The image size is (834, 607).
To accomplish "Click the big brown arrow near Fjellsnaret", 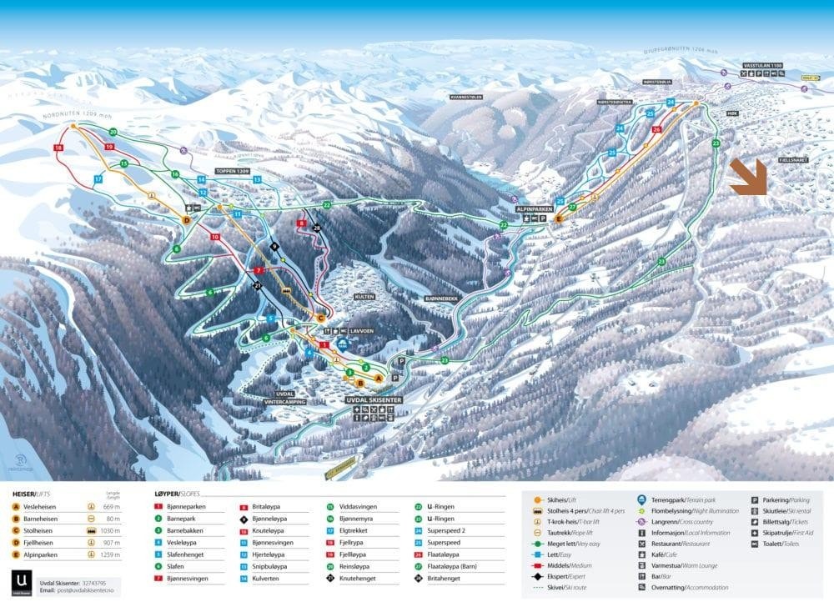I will pos(748,178).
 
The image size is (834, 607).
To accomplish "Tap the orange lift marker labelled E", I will pos(559,220).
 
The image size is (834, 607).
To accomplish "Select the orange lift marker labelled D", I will pos(187,219).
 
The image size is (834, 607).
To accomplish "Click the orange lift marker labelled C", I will pos(320,317).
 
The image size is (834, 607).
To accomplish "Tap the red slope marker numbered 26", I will pos(657,129).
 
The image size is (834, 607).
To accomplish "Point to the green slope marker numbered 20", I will pos(113,133).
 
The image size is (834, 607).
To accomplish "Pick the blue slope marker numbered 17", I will pos(98,178).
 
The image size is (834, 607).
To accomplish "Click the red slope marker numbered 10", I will pos(215,237).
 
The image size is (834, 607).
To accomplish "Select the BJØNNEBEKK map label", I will pos(443,297).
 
